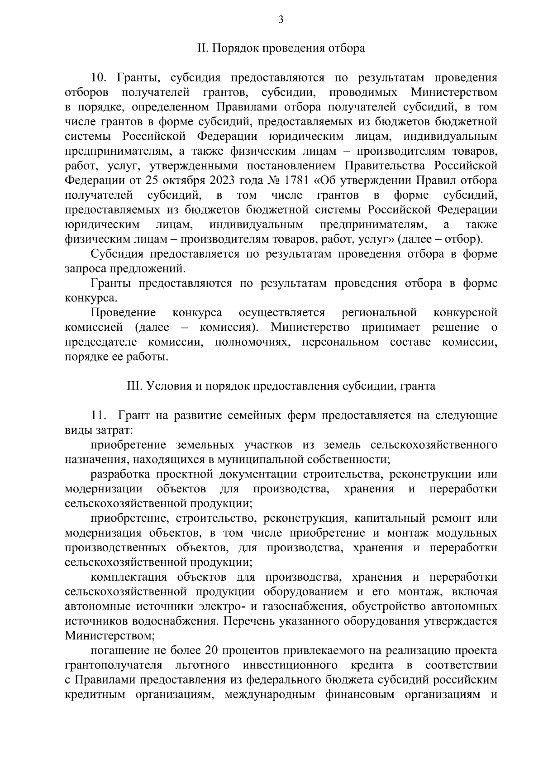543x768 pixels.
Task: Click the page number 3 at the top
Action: pyautogui.click(x=281, y=19)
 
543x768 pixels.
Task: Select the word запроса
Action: pyautogui.click(x=84, y=269)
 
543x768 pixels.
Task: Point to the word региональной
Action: pyautogui.click(x=379, y=313)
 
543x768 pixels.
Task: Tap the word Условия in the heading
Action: pyautogui.click(x=167, y=386)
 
